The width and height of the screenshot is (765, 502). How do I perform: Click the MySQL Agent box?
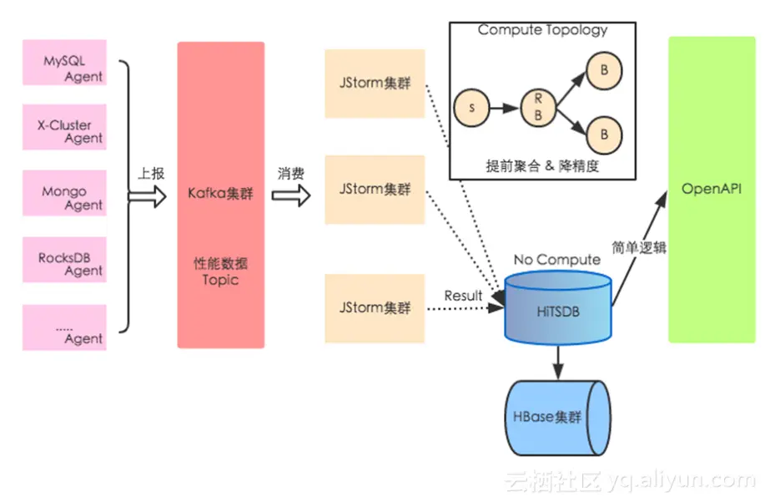[65, 62]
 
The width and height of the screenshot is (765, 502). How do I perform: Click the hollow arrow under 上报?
[146, 195]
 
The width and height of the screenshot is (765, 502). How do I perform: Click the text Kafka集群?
[220, 195]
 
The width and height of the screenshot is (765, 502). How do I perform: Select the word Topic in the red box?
[220, 279]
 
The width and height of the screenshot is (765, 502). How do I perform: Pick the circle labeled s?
[472, 109]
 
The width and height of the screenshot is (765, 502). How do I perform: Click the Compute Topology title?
[542, 31]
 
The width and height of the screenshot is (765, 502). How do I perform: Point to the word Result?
[463, 295]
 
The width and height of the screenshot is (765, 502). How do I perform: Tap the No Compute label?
[556, 260]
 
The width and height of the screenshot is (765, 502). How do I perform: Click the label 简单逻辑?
[641, 246]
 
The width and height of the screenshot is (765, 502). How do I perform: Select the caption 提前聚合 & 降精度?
[542, 165]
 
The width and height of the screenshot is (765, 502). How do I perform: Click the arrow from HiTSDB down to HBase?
[557, 360]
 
